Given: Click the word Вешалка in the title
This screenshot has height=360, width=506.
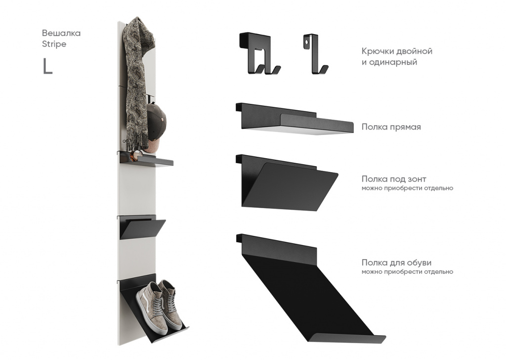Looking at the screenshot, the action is coord(61,33).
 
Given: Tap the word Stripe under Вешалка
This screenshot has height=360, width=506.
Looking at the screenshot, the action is coord(54,44).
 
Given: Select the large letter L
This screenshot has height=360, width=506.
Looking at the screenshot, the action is coord(47,67).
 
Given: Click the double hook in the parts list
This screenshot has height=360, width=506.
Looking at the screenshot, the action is coord(259,53).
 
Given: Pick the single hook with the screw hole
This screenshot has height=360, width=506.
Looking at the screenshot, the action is coord(315,54).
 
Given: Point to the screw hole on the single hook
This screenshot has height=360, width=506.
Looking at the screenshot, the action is coord(306,42).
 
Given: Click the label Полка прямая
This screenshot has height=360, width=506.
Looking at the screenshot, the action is coord(391,127).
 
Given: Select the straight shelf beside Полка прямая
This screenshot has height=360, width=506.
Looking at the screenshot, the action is coord(295,119).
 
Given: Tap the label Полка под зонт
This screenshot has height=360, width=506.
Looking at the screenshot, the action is coord(394,179).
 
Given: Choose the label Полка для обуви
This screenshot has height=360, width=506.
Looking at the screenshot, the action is coord(396,263).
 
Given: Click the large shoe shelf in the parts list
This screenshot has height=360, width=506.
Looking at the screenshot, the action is coord(310,287).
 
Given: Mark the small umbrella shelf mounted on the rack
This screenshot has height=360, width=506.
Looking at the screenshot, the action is coord(142,227).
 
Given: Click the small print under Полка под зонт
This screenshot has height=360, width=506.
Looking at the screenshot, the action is coord(407,188).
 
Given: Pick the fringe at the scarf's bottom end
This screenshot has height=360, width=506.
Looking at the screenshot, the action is coord(135,141).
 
